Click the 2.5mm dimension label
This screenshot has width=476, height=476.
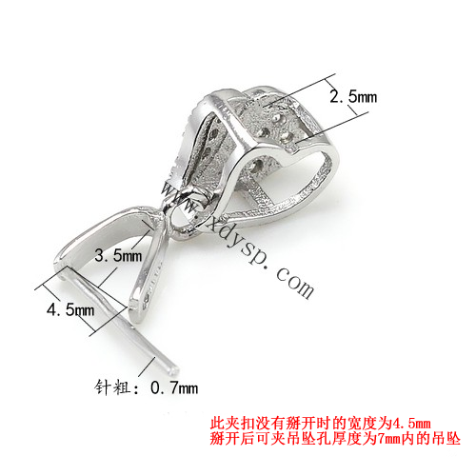click(353, 96)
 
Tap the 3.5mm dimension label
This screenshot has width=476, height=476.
click(118, 255)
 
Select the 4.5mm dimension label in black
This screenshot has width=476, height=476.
click(70, 309)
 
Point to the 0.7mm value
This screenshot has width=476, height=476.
click(174, 387)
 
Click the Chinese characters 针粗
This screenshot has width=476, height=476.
click(112, 387)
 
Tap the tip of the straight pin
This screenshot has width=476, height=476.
click(175, 371)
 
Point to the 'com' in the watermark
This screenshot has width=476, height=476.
click(294, 282)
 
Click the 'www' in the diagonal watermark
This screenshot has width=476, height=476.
click(181, 199)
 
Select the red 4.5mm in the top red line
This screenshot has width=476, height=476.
click(411, 424)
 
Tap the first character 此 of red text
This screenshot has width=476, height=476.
click(217, 424)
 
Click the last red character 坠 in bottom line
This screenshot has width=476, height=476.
click(453, 439)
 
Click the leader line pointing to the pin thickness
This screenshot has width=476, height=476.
click(147, 367)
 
